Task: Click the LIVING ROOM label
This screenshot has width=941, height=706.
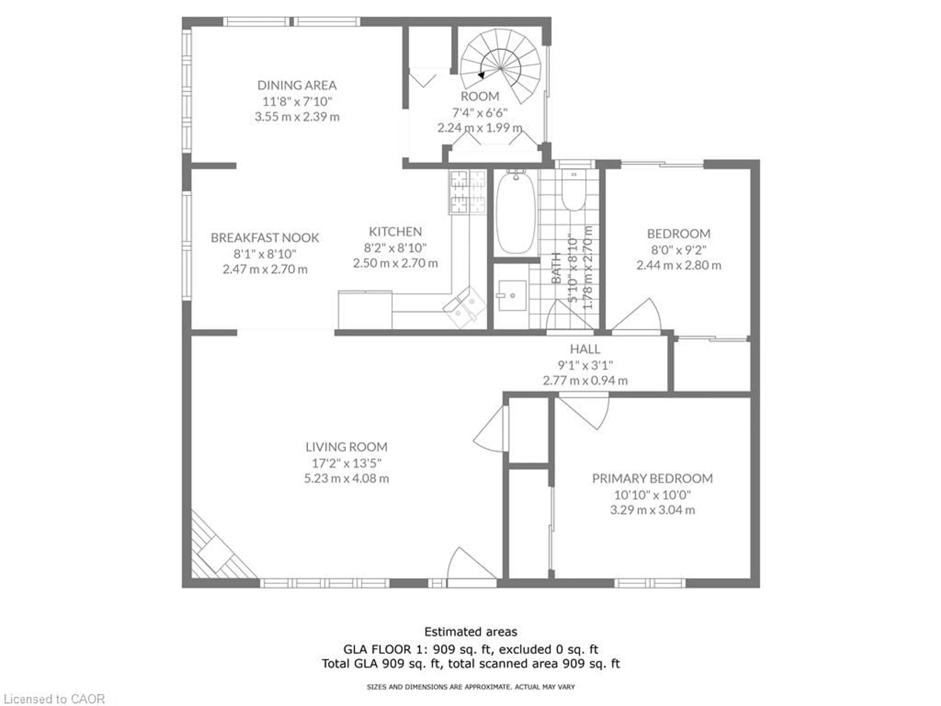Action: point(346,447)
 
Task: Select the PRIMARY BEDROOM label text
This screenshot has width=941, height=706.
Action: point(652,478)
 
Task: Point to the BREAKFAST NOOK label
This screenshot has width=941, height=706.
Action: point(265,238)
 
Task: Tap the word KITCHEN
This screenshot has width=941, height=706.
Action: point(395,231)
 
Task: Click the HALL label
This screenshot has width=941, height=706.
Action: point(585,349)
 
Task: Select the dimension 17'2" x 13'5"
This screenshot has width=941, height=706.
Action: point(346,463)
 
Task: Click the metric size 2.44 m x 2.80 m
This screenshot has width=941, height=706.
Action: point(679,265)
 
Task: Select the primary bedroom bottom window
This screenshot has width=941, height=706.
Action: point(650,583)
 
